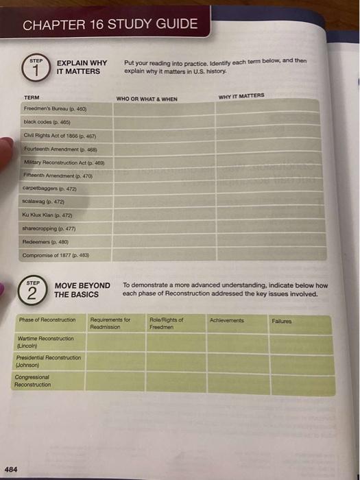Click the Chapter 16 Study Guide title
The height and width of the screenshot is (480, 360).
pos(110,25)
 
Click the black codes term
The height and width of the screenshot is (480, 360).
pos(45,121)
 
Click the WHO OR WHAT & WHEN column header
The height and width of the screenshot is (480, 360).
pos(147,99)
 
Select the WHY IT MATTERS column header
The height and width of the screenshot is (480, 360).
pos(241,96)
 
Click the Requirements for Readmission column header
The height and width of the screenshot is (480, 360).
pos(110,323)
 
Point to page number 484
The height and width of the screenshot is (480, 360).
pos(12,469)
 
